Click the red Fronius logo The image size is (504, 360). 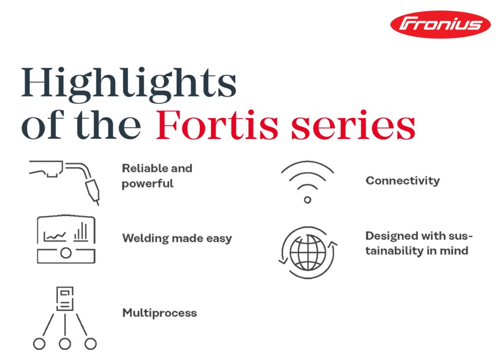(440, 25)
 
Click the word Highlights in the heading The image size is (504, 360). (129, 85)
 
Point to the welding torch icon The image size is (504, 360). (64, 182)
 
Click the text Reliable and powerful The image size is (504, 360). (157, 176)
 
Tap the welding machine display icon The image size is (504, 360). (66, 239)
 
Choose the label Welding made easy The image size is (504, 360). (177, 238)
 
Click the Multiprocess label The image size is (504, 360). (160, 313)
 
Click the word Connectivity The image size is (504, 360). (403, 180)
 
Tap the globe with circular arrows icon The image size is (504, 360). (308, 253)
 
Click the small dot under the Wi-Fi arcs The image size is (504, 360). (308, 200)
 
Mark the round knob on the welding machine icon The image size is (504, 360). (66, 253)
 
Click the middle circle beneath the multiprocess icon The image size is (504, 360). (65, 344)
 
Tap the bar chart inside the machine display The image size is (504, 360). (81, 231)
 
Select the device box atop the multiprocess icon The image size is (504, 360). (65, 299)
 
